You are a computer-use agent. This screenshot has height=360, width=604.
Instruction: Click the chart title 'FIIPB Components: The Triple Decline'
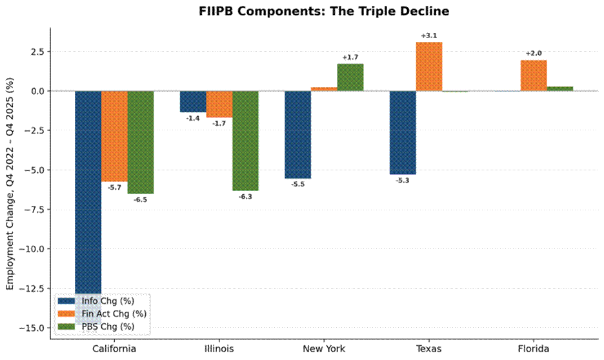pyautogui.click(x=324, y=11)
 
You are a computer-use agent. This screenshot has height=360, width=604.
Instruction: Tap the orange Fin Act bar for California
pyautogui.click(x=114, y=136)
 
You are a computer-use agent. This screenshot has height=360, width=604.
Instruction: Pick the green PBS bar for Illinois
pyautogui.click(x=245, y=141)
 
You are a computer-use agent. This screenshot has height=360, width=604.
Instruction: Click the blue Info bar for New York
pyautogui.click(x=297, y=135)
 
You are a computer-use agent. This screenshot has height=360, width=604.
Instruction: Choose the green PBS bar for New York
pyautogui.click(x=350, y=77)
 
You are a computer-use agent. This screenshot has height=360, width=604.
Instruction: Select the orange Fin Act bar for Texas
pyautogui.click(x=428, y=66)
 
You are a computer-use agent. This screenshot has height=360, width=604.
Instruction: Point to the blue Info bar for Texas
pyautogui.click(x=403, y=133)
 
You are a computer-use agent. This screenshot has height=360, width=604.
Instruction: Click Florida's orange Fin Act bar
pyautogui.click(x=534, y=75)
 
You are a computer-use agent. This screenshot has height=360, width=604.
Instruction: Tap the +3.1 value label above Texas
pyautogui.click(x=428, y=36)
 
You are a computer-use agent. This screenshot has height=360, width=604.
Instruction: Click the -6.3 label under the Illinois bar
pyautogui.click(x=245, y=197)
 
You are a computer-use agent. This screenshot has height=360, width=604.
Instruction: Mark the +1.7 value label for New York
pyautogui.click(x=350, y=57)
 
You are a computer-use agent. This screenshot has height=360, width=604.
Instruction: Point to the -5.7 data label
pyautogui.click(x=114, y=188)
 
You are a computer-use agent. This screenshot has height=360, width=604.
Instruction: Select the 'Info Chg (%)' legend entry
pyautogui.click(x=96, y=301)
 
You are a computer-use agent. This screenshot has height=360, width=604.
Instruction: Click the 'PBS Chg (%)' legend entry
pyautogui.click(x=96, y=326)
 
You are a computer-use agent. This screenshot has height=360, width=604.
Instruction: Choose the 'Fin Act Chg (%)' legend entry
pyautogui.click(x=102, y=314)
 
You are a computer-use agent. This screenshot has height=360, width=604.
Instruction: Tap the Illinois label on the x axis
pyautogui.click(x=219, y=349)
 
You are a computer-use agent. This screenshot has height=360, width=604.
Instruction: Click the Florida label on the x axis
pyautogui.click(x=534, y=349)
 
